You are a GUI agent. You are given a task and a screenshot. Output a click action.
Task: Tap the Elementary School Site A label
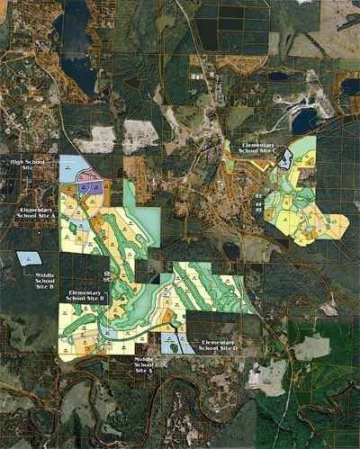(37, 213)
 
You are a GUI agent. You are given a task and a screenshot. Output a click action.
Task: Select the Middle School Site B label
(45, 280)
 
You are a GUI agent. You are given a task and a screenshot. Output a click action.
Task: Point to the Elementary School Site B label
(87, 296)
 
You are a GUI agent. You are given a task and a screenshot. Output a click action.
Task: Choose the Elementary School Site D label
(222, 346)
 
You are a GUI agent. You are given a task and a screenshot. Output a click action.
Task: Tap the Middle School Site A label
(144, 364)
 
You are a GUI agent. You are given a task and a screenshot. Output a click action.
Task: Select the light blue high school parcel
(70, 166)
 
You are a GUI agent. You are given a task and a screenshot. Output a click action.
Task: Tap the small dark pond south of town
(231, 249)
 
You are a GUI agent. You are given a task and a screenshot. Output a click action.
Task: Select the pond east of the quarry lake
(349, 87)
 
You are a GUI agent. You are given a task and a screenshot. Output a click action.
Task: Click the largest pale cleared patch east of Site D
(312, 347)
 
